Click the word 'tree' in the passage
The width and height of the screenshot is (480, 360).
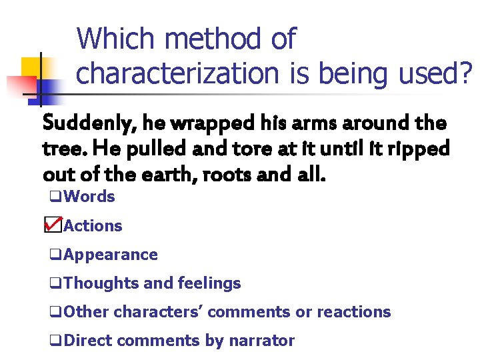point(60,149)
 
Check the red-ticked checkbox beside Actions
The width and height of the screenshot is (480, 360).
point(53,225)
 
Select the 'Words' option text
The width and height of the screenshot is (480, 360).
point(90,197)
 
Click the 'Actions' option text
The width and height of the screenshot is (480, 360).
point(93,226)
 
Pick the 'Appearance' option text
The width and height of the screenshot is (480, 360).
point(111,255)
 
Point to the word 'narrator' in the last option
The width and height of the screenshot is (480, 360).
point(261,341)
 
